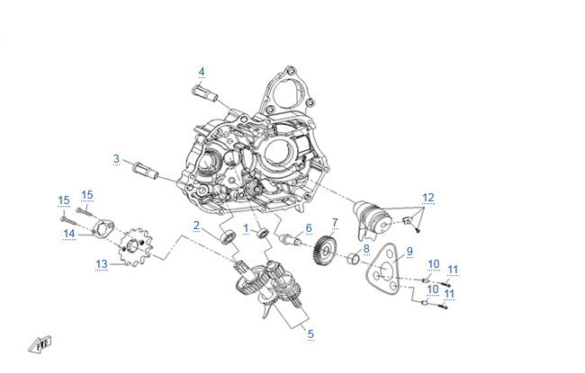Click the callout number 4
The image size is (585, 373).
(202, 72)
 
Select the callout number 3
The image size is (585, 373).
(116, 159)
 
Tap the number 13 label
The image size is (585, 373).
(102, 264)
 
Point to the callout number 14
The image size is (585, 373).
(69, 234)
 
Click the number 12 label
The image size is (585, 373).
(428, 197)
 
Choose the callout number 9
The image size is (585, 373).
(409, 252)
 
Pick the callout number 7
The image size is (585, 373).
(335, 222)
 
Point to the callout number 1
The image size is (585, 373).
(246, 228)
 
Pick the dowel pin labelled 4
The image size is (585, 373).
(204, 91)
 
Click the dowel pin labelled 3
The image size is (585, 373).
(146, 168)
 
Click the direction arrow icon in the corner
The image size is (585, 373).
(40, 342)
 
